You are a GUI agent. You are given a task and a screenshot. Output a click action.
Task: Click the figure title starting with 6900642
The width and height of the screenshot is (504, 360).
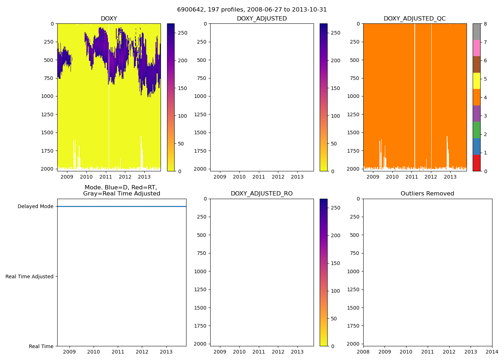point(252,10)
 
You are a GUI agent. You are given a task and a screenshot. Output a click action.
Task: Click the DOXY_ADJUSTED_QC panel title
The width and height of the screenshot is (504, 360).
point(415,19)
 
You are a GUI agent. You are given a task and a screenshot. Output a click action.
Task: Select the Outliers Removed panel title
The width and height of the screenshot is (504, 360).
point(427,194)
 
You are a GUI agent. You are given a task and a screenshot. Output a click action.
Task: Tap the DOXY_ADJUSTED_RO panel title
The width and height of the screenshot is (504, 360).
point(262,194)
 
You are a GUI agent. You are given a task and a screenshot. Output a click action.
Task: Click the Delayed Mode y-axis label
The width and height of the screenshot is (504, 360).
point(35,207)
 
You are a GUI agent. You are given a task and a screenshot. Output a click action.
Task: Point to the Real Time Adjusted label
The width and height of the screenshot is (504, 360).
point(30,276)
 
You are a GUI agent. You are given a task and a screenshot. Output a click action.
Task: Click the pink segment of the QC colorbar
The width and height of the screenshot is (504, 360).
point(476,48)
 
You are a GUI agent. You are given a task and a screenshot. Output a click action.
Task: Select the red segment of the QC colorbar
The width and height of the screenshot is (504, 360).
point(476,163)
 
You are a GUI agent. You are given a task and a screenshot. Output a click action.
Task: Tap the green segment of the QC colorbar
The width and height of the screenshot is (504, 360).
point(476,130)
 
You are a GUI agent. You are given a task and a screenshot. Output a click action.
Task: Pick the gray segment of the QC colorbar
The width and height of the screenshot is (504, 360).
point(476,32)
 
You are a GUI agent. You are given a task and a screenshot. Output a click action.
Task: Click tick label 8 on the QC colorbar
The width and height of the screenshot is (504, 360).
point(485,24)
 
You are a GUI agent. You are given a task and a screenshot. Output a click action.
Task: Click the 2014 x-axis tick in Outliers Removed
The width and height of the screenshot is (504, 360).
point(492,352)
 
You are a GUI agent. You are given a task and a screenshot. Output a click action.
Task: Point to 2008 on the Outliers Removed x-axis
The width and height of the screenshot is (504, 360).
point(363,352)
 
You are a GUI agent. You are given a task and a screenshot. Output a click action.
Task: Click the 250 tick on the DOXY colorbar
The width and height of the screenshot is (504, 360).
point(183,33)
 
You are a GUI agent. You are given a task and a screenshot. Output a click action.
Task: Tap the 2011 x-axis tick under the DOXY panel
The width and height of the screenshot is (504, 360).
point(105,177)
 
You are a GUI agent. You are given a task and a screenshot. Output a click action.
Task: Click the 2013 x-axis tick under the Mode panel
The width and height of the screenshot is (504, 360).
point(166,352)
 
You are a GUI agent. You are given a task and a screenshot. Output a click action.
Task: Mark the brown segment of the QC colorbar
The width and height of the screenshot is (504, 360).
point(476,64)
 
